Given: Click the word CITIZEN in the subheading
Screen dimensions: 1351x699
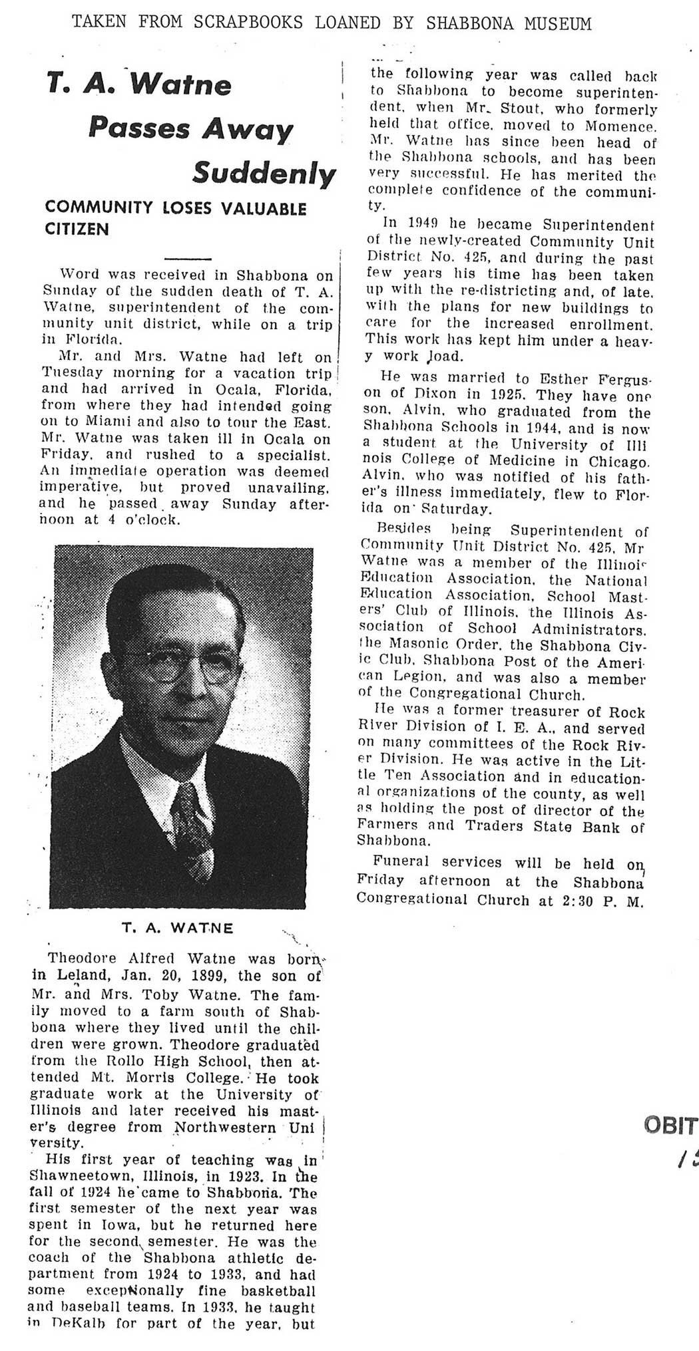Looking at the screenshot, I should click(77, 229).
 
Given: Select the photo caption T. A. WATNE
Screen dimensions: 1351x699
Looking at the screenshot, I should click(178, 927).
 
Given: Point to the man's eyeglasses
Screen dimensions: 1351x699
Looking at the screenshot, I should click(180, 666).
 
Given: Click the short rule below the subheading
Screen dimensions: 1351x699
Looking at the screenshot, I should click(187, 258).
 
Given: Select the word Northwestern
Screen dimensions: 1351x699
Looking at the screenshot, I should click(224, 1127).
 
